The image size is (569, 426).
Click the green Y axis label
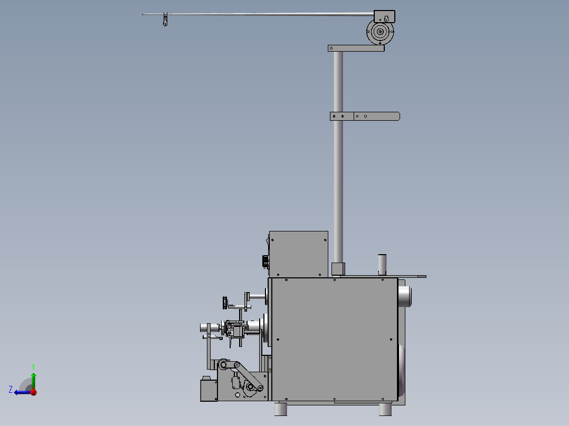click(x=33, y=366)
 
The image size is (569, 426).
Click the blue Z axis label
click(x=11, y=390)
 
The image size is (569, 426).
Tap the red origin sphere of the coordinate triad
click(x=34, y=392)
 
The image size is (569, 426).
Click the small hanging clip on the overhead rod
click(x=166, y=19)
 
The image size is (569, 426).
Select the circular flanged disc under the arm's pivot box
click(x=380, y=32)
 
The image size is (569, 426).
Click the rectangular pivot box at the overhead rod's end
click(x=384, y=17)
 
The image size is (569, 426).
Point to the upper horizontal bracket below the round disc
click(x=356, y=48)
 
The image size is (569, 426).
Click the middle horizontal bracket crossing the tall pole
click(x=365, y=117)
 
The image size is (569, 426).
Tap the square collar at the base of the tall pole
click(x=338, y=269)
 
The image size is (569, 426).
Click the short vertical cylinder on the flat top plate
click(x=382, y=265)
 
